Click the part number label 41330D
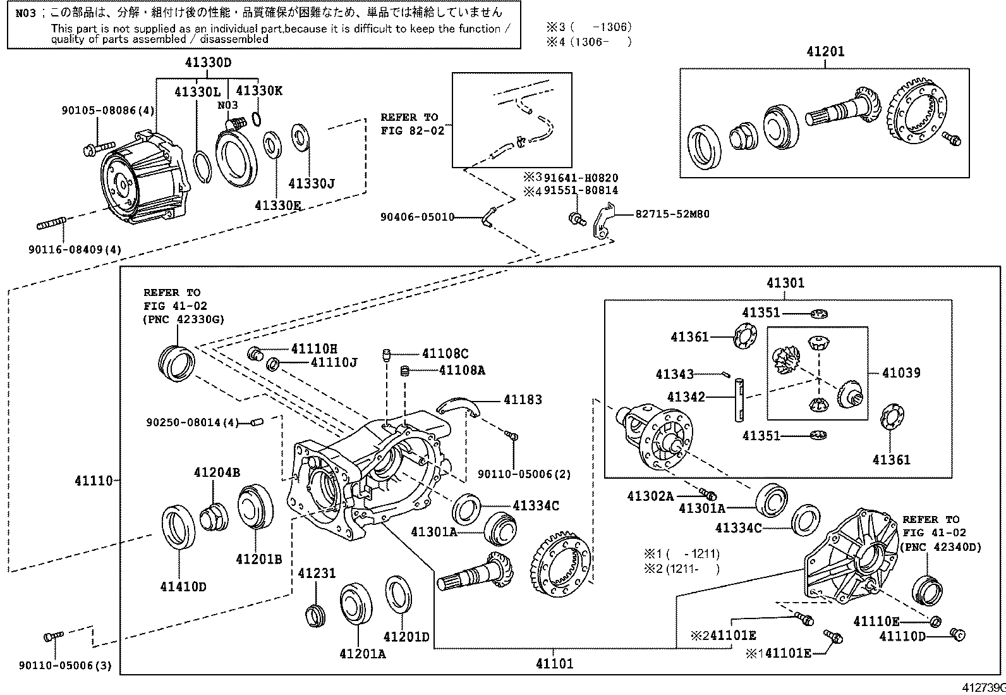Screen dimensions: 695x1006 tap(209, 63)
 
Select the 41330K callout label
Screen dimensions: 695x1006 tap(259, 91)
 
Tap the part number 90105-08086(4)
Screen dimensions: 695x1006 tap(108, 110)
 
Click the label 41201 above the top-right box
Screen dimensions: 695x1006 tap(825, 52)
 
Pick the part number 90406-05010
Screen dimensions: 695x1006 tap(418, 217)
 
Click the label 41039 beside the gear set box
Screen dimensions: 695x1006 tap(901, 373)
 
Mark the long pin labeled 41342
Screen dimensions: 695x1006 tap(739, 398)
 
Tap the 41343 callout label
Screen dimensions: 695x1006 tap(675, 374)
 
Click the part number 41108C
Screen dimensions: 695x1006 tap(445, 354)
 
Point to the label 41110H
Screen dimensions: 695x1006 tap(314, 348)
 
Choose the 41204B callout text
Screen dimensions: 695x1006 tap(217, 472)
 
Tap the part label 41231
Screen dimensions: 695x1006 tap(317, 574)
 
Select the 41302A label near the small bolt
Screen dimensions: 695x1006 tap(650, 496)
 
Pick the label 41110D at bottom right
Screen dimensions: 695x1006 tap(902, 636)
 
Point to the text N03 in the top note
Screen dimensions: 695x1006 tap(26, 13)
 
